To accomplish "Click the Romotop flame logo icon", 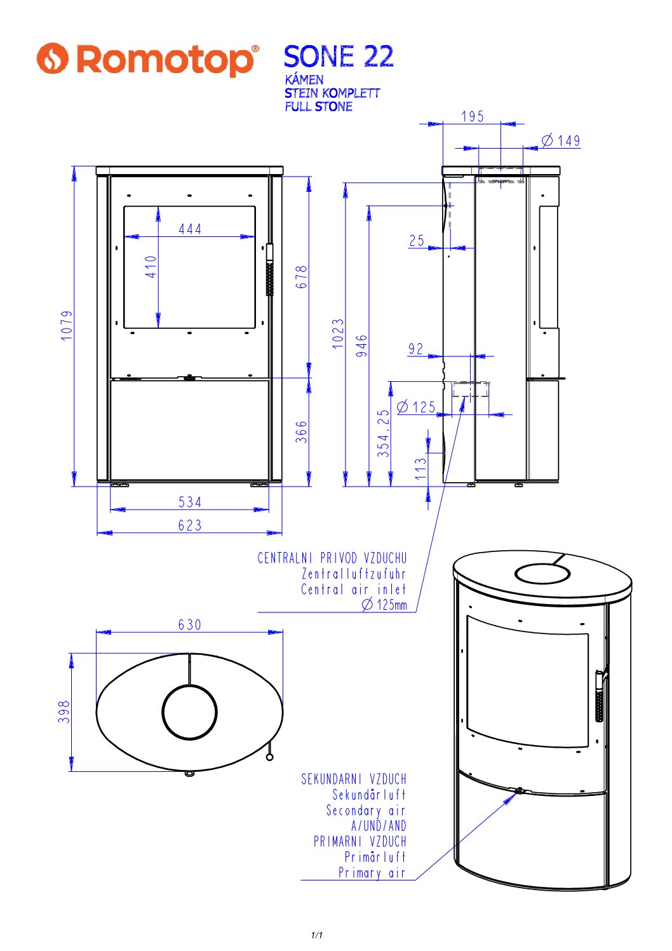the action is [x=53, y=58].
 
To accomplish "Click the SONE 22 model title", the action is [x=339, y=57].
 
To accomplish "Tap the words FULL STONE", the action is [x=318, y=106].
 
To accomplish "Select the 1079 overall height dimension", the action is [x=67, y=325].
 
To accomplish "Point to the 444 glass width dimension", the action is [x=190, y=229].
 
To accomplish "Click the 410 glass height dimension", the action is [x=151, y=267].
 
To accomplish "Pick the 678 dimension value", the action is [x=301, y=277].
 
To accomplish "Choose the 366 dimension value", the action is [x=301, y=432].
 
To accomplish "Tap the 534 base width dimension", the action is [x=190, y=502].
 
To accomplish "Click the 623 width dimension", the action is [x=190, y=525].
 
